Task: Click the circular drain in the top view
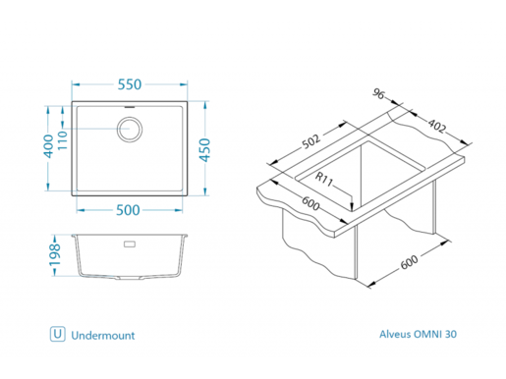pos(131,127)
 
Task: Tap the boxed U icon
pos(58,335)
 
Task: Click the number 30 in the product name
pos(451,335)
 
